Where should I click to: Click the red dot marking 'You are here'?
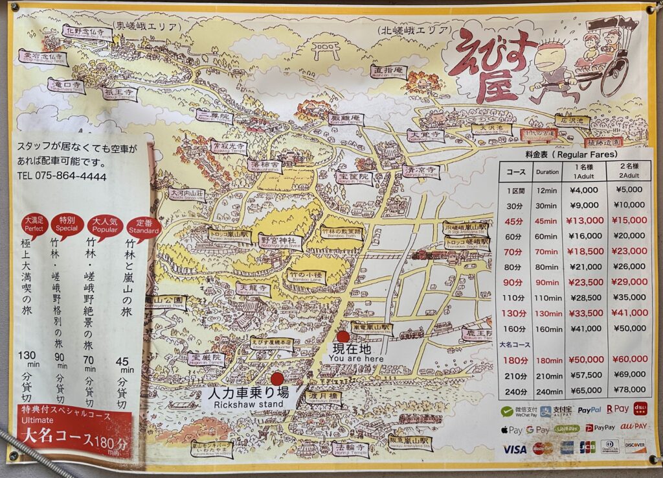343,337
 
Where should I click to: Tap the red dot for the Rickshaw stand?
277,379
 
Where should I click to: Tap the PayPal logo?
589,410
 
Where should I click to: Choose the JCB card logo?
587,447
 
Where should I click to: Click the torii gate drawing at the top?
326,49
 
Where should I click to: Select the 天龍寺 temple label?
253,287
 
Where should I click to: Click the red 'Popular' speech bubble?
105,224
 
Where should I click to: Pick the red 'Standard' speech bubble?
144,226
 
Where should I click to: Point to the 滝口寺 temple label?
67,86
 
